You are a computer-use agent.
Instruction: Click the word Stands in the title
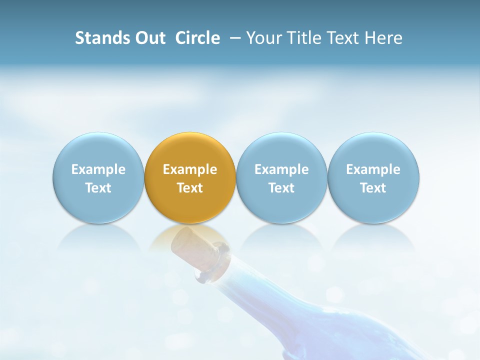(x=101, y=38)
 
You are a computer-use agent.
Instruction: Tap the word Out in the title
(x=149, y=38)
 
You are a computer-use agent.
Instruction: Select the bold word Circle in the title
(x=197, y=38)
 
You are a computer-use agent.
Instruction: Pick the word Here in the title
(x=382, y=38)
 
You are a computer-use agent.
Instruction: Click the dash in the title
(x=235, y=38)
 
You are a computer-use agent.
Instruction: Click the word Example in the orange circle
(x=190, y=169)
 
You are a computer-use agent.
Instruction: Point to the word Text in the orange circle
(x=190, y=188)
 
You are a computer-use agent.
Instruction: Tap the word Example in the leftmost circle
(x=98, y=169)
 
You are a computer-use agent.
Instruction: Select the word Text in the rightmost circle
(x=373, y=188)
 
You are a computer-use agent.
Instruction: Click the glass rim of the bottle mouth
(x=212, y=262)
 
